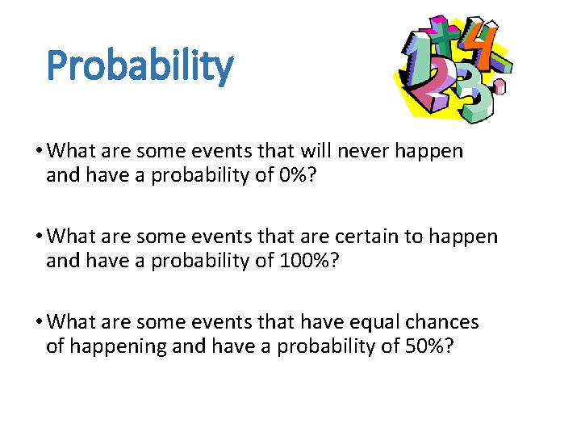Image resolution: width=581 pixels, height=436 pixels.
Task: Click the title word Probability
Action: [140, 66]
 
